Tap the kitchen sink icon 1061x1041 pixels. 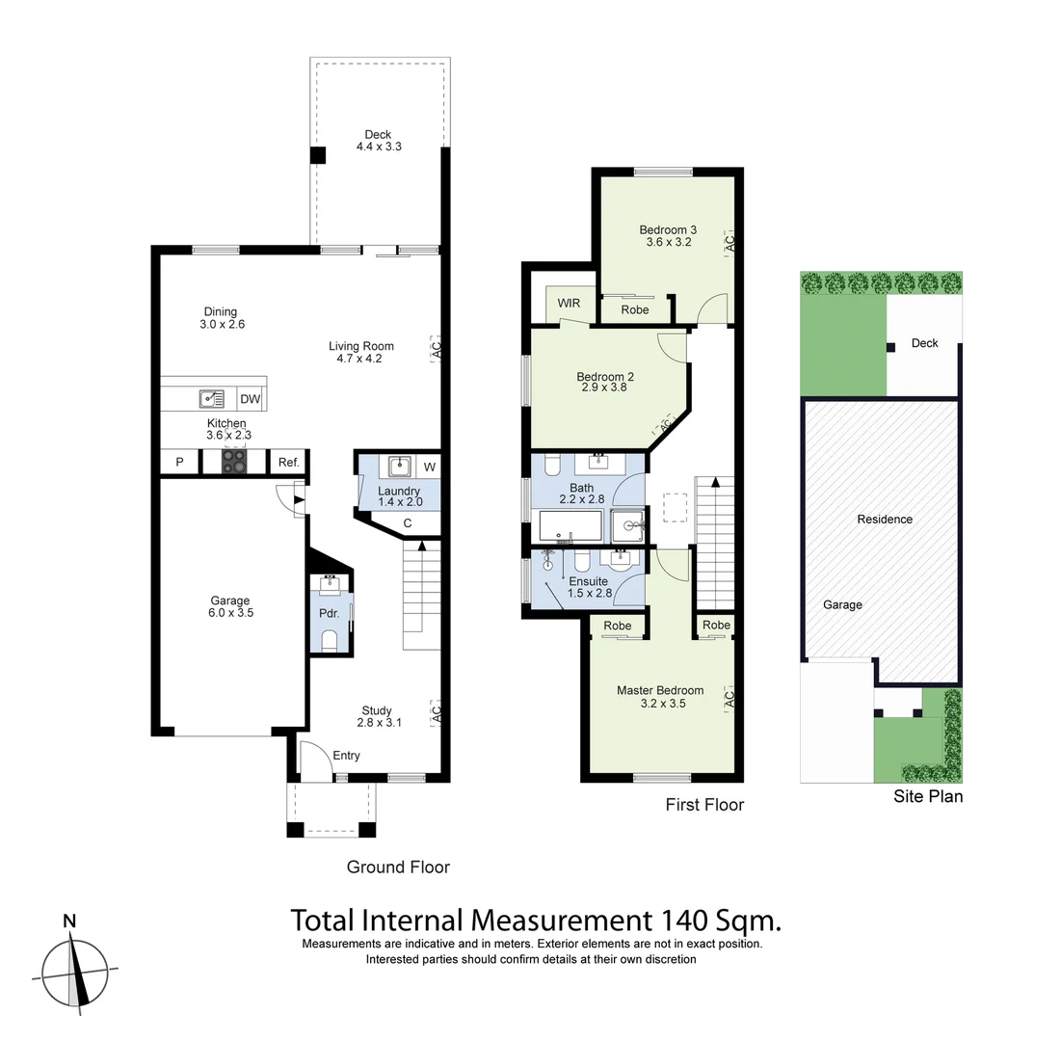click(x=212, y=398)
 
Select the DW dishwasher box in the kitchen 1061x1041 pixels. click(x=250, y=399)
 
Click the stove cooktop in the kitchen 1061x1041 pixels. click(x=234, y=464)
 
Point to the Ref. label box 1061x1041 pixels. click(x=288, y=463)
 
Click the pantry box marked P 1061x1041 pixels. click(x=179, y=463)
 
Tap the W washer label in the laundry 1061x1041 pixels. click(x=429, y=467)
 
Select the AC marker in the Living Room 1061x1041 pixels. click(x=436, y=349)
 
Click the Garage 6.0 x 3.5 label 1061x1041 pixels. click(x=229, y=606)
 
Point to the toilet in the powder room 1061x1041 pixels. click(x=330, y=641)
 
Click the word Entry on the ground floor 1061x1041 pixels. click(x=346, y=756)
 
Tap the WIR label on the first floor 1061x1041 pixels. click(x=569, y=303)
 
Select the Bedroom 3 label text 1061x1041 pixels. click(x=668, y=236)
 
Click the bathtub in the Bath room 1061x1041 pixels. click(x=570, y=526)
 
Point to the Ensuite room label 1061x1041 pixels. click(x=588, y=587)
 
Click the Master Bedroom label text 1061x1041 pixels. click(x=660, y=697)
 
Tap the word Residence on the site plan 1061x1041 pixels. click(x=885, y=520)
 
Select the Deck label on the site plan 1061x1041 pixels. click(x=924, y=343)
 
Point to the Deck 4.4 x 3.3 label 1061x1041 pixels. click(x=378, y=141)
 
